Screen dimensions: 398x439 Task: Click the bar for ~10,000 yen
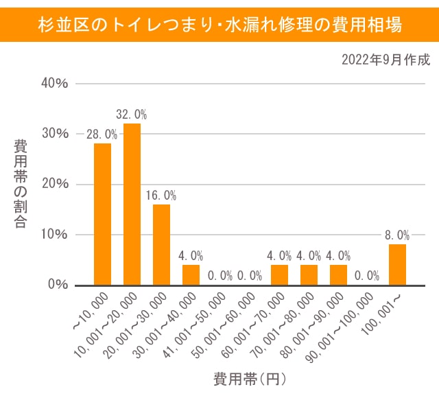[x=102, y=213]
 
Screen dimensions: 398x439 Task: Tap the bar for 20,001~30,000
[x=161, y=244]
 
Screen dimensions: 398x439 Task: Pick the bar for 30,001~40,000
[x=191, y=274]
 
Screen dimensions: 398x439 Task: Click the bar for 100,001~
[x=397, y=264]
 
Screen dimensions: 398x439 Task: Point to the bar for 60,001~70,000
[x=279, y=274]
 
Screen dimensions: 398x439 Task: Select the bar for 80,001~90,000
[x=338, y=274]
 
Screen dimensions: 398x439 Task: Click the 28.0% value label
[x=102, y=134]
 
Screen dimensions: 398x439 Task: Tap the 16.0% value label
[x=161, y=195]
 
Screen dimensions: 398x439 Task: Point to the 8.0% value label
[x=397, y=235]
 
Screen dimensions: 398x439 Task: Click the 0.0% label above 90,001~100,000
[x=368, y=276]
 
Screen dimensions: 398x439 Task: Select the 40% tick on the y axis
[x=56, y=83]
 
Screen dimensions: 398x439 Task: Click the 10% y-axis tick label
[x=56, y=234]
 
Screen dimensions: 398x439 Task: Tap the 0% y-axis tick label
[x=58, y=285]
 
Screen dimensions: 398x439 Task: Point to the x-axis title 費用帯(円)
[x=249, y=379]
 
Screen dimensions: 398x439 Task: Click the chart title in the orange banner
[x=219, y=25]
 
